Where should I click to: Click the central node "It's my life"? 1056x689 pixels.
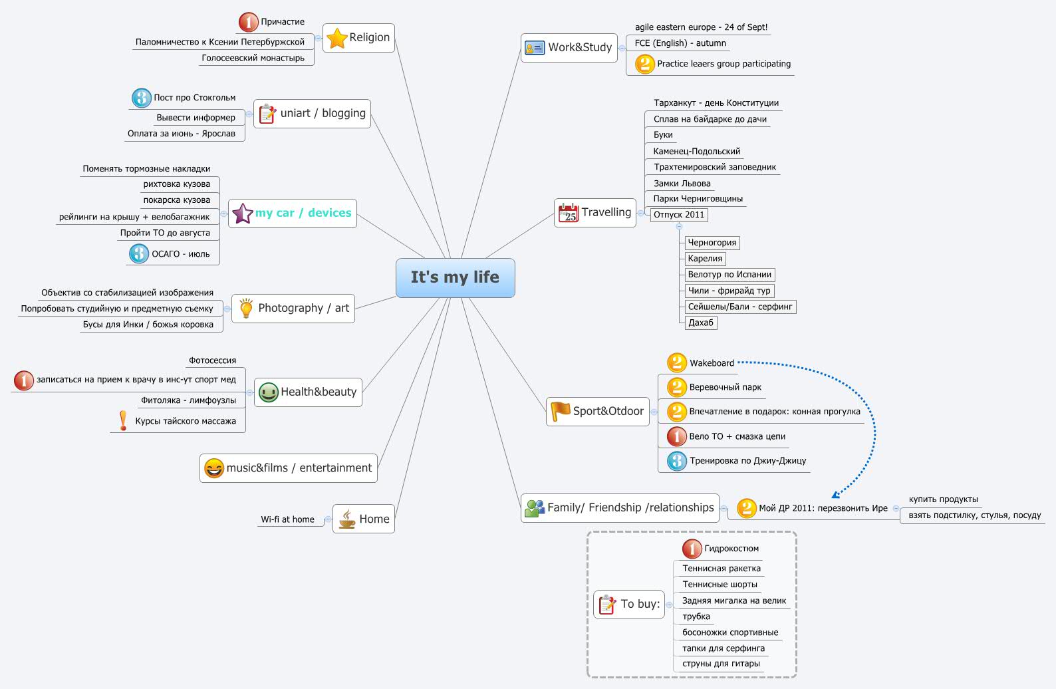pyautogui.click(x=455, y=277)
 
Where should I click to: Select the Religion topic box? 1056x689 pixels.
pyautogui.click(x=359, y=38)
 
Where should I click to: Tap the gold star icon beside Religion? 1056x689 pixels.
pyautogui.click(x=337, y=39)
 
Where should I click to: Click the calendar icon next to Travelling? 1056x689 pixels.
pyautogui.click(x=569, y=213)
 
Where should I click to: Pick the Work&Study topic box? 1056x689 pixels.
pyautogui.click(x=569, y=48)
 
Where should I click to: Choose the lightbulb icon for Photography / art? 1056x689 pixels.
pyautogui.click(x=246, y=309)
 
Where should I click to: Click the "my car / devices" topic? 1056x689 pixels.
pyautogui.click(x=293, y=213)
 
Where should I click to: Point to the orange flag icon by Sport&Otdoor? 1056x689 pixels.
pyautogui.click(x=561, y=411)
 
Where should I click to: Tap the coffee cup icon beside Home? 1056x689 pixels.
pyautogui.click(x=346, y=519)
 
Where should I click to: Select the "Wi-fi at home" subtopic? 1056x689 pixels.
pyautogui.click(x=287, y=519)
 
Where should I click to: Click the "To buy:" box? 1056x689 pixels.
pyautogui.click(x=629, y=605)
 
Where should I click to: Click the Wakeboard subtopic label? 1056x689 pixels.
pyautogui.click(x=712, y=363)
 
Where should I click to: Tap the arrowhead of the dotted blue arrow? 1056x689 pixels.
pyautogui.click(x=835, y=494)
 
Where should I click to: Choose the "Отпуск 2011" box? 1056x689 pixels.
pyautogui.click(x=679, y=215)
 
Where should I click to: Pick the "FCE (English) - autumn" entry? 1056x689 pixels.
pyautogui.click(x=680, y=43)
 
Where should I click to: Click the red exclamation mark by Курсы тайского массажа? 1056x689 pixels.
pyautogui.click(x=123, y=420)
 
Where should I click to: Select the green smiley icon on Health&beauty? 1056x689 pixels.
pyautogui.click(x=269, y=392)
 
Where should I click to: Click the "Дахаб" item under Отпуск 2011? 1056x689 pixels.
pyautogui.click(x=701, y=323)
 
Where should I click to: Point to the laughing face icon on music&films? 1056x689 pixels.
pyautogui.click(x=214, y=468)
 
